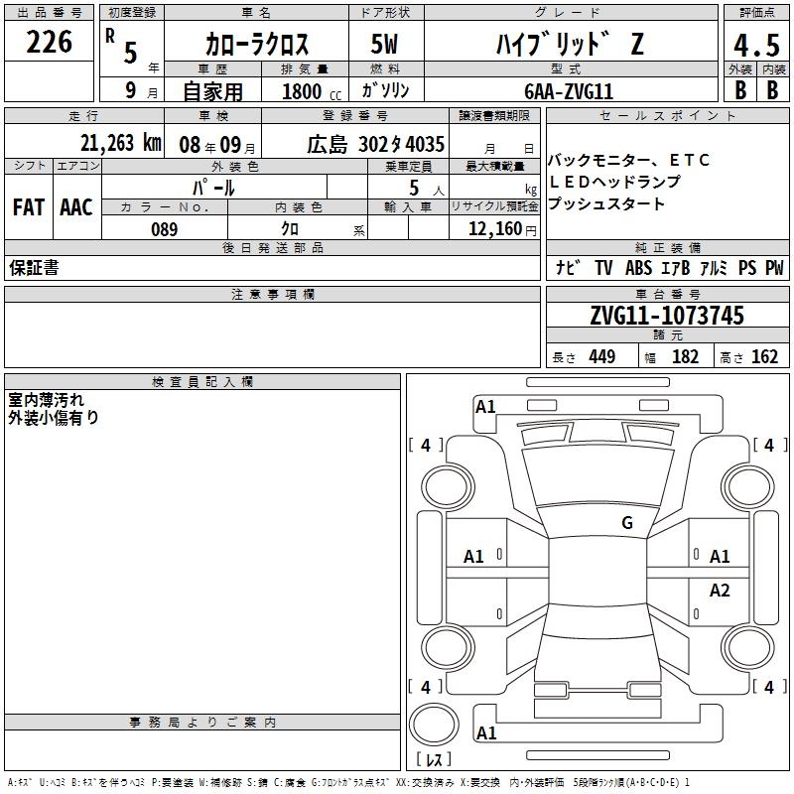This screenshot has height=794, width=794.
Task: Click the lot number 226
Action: click(49, 42)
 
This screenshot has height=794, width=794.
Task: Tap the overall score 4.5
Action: click(756, 45)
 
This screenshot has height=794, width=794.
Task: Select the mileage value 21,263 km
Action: click(120, 143)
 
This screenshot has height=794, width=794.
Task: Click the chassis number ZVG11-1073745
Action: click(667, 316)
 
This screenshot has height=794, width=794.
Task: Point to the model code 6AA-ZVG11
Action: click(569, 91)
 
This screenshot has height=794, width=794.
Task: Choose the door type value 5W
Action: click(384, 44)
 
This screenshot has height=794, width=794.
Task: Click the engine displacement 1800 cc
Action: click(312, 91)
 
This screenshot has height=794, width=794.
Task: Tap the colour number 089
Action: click(164, 229)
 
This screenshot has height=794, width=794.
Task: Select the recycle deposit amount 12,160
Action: click(495, 228)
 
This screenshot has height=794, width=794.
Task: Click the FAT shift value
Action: click(29, 207)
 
